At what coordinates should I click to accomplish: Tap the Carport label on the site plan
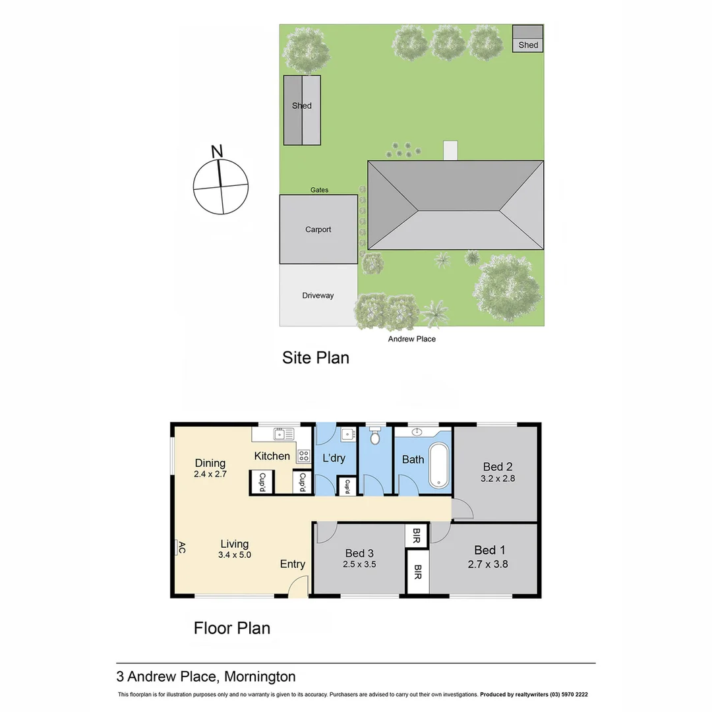[x=318, y=229]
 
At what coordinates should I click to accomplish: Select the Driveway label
[x=318, y=295]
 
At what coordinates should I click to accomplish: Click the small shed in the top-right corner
[x=528, y=39]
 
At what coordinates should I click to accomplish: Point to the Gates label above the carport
[x=319, y=190]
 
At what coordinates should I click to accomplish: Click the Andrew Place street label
[x=411, y=339]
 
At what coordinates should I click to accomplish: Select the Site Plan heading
[x=315, y=358]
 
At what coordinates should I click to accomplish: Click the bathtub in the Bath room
[x=438, y=465]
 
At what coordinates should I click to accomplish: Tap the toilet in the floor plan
[x=375, y=437]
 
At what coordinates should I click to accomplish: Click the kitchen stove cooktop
[x=303, y=454]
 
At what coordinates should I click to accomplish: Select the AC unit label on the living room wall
[x=180, y=549]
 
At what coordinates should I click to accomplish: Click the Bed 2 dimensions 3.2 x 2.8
[x=497, y=479]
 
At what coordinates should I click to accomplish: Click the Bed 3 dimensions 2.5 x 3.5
[x=359, y=564]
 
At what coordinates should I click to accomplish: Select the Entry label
[x=293, y=564]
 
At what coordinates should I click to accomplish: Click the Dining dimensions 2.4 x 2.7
[x=210, y=474]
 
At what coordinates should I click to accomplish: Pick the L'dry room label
[x=334, y=458]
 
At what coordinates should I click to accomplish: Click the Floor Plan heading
[x=231, y=628]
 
